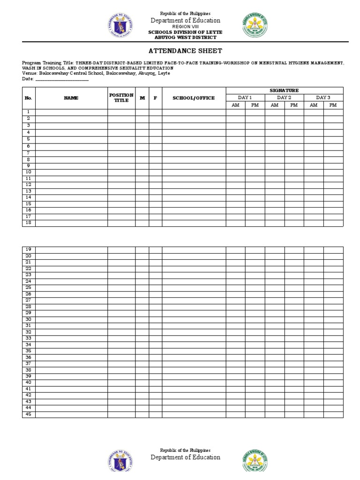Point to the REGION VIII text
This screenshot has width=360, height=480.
coord(185,27)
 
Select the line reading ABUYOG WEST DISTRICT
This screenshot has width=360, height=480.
coord(185,37)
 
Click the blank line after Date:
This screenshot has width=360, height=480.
coord(62,79)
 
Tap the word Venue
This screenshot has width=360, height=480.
coord(29,73)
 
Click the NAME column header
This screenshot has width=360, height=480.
coord(71,98)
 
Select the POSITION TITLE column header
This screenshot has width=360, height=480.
coord(121,98)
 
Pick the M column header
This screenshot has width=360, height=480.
coord(142,98)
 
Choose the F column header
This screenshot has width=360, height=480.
coord(156,98)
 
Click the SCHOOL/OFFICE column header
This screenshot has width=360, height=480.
coord(194,98)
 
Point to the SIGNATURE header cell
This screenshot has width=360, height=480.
coord(284,90)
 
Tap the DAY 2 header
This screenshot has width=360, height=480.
coord(284,97)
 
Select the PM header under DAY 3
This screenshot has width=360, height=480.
coord(333,105)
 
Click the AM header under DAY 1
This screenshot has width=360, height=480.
coord(235,105)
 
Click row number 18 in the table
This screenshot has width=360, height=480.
coord(29,223)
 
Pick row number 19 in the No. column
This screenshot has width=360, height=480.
coord(29,249)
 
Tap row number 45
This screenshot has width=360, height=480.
coord(29,414)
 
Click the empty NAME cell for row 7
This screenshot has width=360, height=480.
coord(71,153)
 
